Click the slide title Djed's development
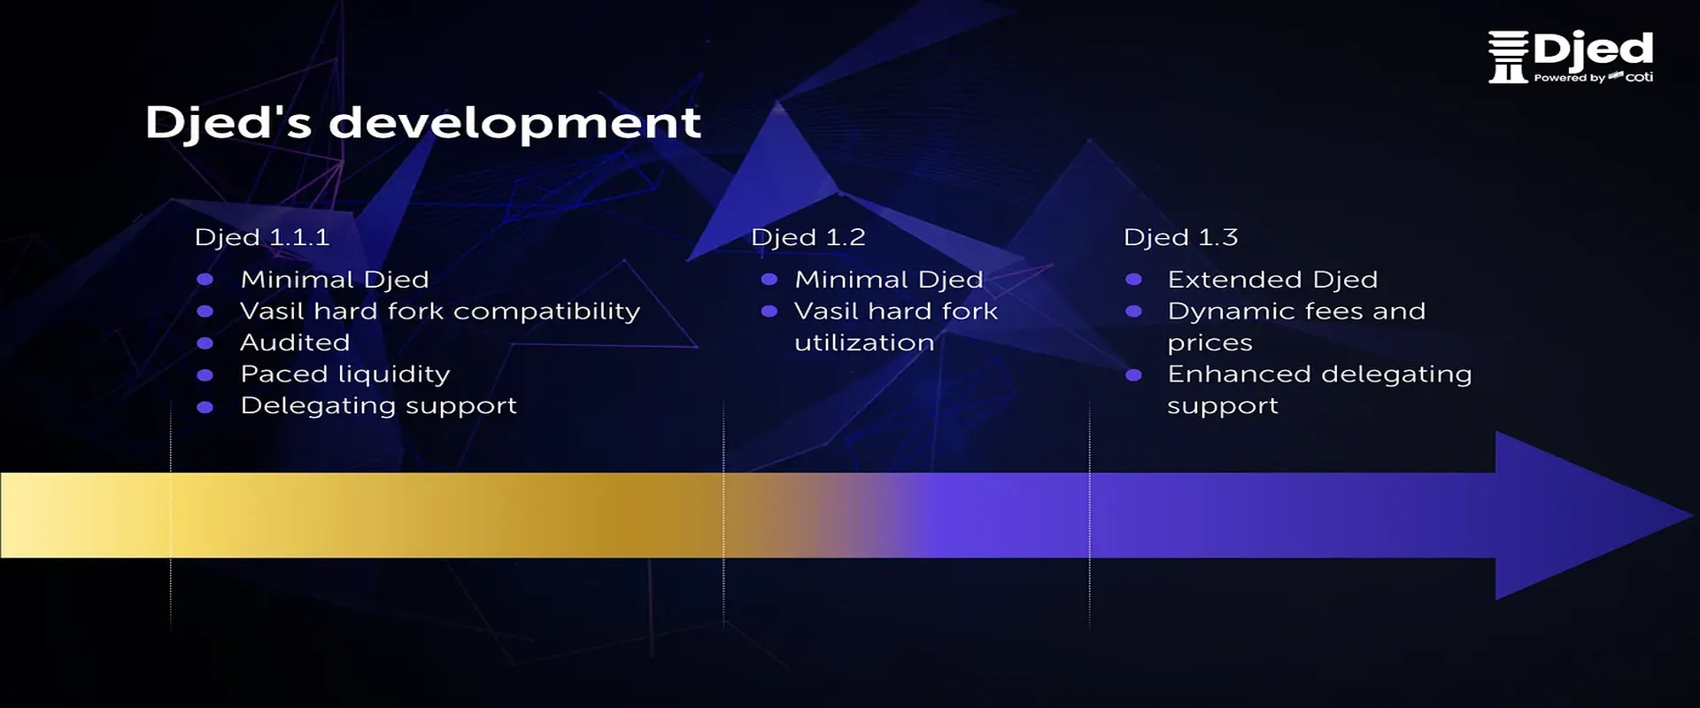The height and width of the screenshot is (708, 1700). click(x=423, y=123)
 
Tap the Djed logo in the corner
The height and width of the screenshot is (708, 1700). click(x=1571, y=58)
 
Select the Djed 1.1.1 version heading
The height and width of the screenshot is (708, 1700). click(x=262, y=238)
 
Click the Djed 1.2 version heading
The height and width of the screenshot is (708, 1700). click(x=808, y=238)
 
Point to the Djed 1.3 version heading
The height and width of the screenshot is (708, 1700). click(x=1181, y=238)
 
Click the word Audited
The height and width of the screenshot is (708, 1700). click(x=296, y=342)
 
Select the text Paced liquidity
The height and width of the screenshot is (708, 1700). click(x=345, y=374)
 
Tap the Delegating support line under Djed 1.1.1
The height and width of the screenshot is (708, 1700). click(x=379, y=406)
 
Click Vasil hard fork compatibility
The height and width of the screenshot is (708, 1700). click(x=440, y=312)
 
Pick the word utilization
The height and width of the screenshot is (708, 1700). click(x=864, y=342)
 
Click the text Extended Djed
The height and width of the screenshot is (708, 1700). click(x=1273, y=280)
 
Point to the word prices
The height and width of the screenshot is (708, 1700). click(x=1210, y=343)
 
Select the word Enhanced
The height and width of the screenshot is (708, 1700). click(x=1239, y=374)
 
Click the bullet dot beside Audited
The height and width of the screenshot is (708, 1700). click(x=205, y=343)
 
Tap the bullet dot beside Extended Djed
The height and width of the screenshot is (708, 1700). click(x=1133, y=280)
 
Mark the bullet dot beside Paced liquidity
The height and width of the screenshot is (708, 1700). click(x=205, y=375)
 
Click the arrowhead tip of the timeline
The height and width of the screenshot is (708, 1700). click(x=1693, y=515)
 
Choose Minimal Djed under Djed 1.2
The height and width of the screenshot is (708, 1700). click(x=889, y=280)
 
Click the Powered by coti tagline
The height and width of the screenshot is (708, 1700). click(x=1594, y=78)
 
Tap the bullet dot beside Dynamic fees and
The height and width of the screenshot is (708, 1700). click(x=1133, y=312)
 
